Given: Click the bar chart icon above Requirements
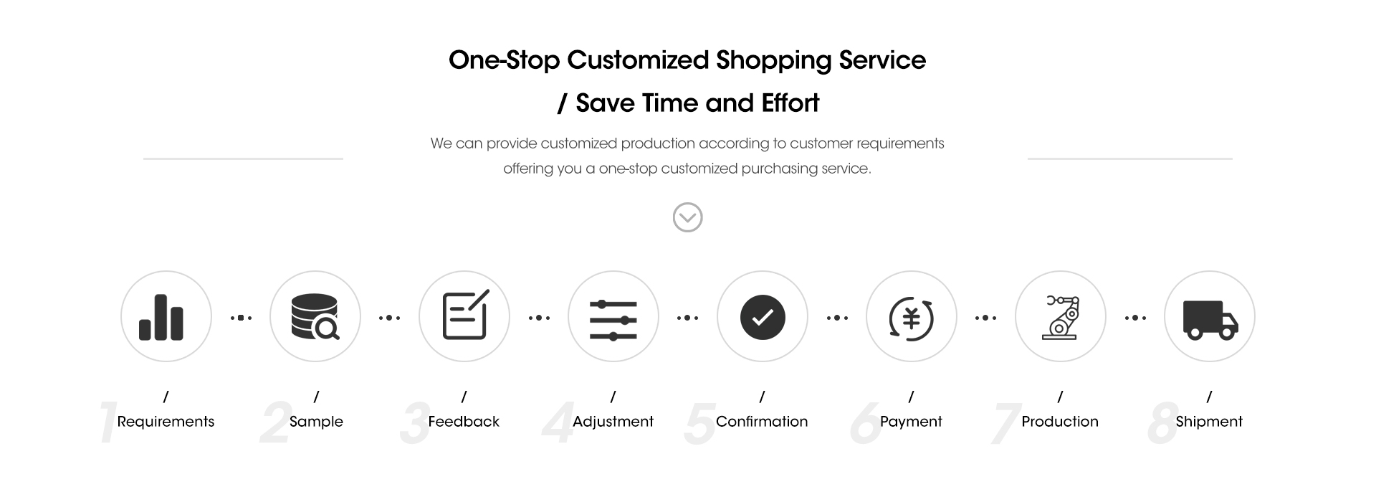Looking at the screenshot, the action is coord(161,317).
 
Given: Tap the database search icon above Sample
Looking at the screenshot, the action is coord(315,317).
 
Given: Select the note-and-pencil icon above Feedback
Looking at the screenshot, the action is coord(465,315).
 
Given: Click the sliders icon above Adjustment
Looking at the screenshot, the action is coord(613,320).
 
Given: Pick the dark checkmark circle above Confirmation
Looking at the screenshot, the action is coord(763,317).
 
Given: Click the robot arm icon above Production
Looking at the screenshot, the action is coord(1061,317).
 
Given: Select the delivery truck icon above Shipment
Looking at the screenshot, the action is coord(1210,320).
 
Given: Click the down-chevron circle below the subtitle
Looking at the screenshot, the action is coord(688,217).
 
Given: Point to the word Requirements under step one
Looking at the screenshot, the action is coord(166,422).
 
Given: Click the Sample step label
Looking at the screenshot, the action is coord(316,422).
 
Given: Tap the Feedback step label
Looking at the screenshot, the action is coord(464,422).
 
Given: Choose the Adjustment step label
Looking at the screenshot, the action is coord(613,422).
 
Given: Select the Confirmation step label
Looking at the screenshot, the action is coord(762,422).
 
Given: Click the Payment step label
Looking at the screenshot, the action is coord(911,422).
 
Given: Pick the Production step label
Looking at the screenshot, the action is coord(1060,422).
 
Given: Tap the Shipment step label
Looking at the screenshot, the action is coord(1209,422).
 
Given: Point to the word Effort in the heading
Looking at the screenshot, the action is coord(790,103).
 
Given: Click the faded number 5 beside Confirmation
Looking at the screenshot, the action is coord(700,423).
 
